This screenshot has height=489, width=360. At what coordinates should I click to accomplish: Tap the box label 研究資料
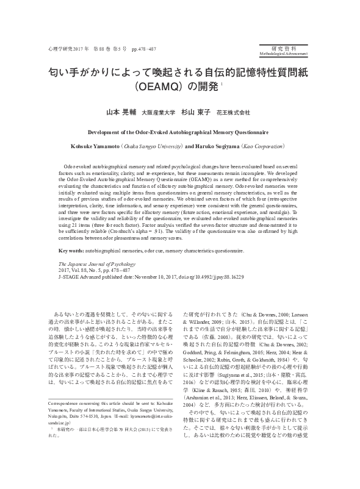[x=286, y=47]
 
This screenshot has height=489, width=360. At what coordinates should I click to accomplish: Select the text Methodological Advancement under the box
[x=286, y=54]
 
